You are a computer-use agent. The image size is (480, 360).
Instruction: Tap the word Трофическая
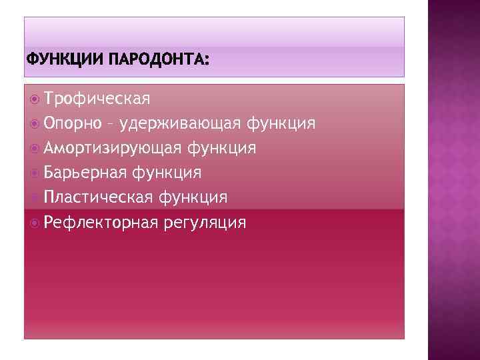pyautogui.click(x=97, y=99)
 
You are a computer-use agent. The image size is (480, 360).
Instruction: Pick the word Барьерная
pyautogui.click(x=85, y=173)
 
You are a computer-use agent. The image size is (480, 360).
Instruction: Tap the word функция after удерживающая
pyautogui.click(x=281, y=124)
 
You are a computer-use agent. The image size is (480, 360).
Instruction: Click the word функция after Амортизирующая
pyautogui.click(x=221, y=148)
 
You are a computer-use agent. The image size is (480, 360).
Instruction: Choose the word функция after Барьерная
pyautogui.click(x=167, y=173)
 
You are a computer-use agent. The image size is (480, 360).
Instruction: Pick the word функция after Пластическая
pyautogui.click(x=193, y=197)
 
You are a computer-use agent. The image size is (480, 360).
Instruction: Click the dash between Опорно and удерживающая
pyautogui.click(x=109, y=125)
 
